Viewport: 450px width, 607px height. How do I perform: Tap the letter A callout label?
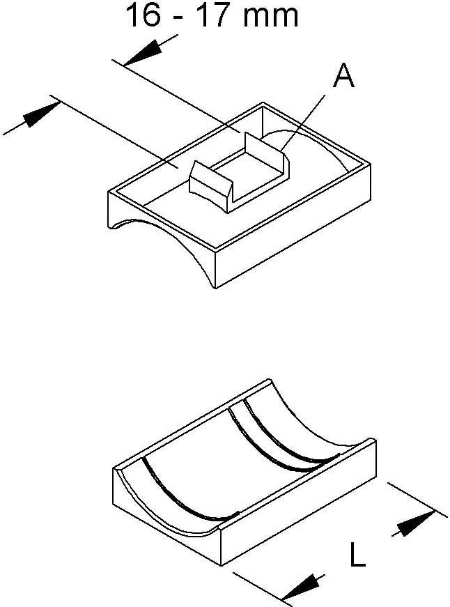(344, 76)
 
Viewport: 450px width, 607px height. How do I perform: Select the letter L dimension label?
(357, 554)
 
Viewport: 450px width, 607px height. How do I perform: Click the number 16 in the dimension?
(143, 15)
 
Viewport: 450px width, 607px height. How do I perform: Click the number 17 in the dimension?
(214, 15)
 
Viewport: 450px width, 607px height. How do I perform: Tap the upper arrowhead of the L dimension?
(417, 523)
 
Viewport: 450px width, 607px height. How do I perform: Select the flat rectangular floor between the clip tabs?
(247, 169)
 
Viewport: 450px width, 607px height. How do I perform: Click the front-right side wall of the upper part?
(293, 226)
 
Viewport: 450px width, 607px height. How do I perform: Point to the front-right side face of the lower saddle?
(298, 501)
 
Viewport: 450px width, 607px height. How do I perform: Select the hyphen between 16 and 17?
(179, 19)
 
